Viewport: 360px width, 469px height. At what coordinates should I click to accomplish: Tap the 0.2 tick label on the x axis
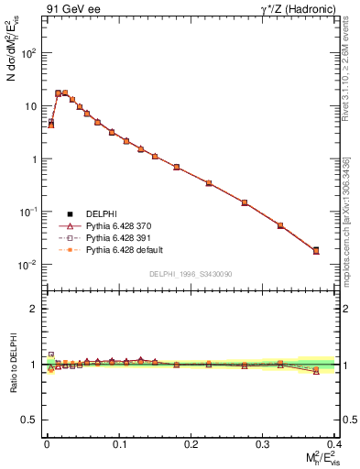[191, 443]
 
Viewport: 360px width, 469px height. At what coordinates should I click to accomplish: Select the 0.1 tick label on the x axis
[119, 443]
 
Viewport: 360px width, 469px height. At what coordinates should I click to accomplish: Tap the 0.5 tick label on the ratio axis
[30, 420]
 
